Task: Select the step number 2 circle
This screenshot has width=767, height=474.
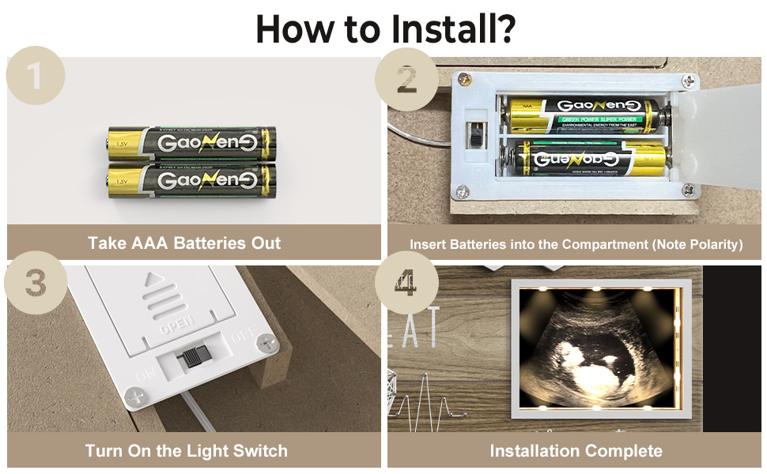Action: pos(406,79)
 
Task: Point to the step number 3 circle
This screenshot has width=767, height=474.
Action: pos(35,284)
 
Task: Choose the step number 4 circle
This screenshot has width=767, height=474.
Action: pos(406,284)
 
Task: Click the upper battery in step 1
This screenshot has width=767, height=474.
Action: pos(192,143)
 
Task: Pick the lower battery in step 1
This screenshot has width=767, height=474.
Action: pos(192,179)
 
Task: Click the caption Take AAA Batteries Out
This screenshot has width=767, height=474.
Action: pos(184,243)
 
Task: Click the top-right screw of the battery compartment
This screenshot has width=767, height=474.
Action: pos(690,81)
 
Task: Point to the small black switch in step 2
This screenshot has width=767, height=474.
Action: pos(476,137)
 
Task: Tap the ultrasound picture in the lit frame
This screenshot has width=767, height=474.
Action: pos(597,348)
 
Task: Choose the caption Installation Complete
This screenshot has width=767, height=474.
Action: pos(576,451)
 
